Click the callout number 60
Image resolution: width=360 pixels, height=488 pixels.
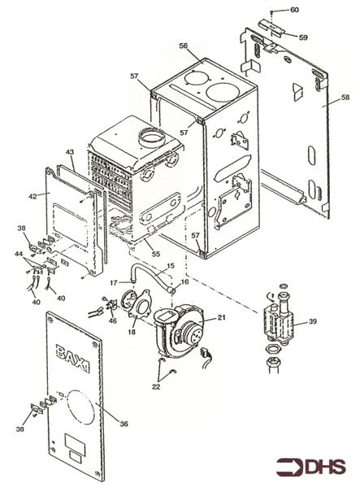(294, 9)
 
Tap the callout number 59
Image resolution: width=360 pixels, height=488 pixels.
(302, 37)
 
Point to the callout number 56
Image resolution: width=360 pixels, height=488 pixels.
(184, 46)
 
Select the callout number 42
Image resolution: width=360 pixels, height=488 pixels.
(33, 196)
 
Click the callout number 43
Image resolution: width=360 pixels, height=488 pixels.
(70, 153)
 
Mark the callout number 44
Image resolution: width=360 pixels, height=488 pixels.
(18, 255)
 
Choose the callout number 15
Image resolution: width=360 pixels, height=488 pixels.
(170, 267)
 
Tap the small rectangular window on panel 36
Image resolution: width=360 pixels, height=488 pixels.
(75, 447)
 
